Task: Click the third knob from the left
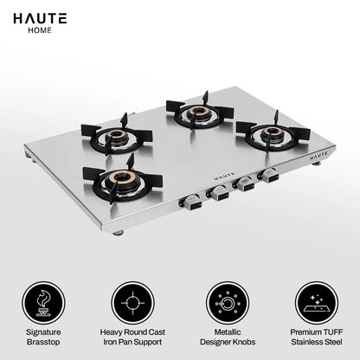[x=245, y=184]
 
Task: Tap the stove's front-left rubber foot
[x=117, y=232]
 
